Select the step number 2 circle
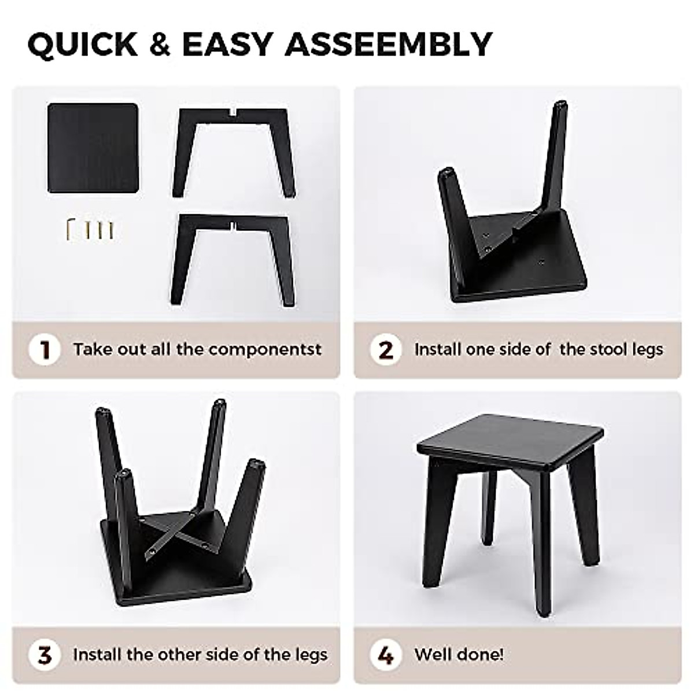click(386, 350)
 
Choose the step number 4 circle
click(386, 655)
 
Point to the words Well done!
click(459, 655)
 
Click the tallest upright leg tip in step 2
click(559, 108)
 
